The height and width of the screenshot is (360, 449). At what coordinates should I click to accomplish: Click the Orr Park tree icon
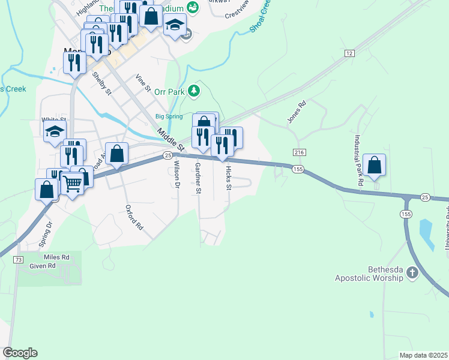[x=193, y=91]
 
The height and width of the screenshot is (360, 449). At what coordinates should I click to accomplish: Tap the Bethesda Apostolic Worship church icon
[x=412, y=273]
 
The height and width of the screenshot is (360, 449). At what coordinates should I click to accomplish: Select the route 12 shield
[x=349, y=53]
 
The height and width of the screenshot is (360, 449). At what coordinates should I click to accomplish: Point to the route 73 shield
[x=19, y=259]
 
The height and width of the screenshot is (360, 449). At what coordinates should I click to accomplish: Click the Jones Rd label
[x=297, y=112]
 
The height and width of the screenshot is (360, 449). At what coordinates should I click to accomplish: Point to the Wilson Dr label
[x=177, y=174]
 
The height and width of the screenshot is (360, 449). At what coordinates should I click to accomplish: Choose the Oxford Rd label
[x=134, y=217]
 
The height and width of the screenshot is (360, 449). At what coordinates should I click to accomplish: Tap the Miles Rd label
[x=57, y=257]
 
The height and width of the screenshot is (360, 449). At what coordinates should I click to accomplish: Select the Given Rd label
[x=43, y=265]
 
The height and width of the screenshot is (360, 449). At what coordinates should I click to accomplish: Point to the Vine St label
[x=142, y=83]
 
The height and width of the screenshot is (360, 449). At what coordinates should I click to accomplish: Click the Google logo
[x=20, y=353]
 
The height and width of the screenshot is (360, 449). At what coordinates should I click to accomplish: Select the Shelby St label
[x=102, y=83]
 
